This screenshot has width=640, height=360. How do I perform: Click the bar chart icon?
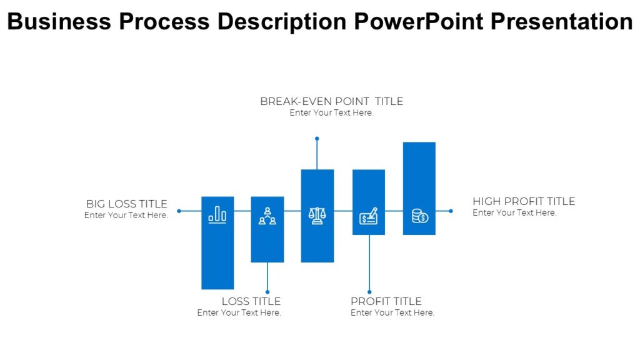click(x=217, y=215)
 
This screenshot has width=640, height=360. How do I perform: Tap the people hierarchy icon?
click(x=267, y=216)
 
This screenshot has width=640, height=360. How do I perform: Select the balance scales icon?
click(x=317, y=216)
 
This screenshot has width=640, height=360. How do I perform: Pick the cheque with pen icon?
click(x=369, y=216)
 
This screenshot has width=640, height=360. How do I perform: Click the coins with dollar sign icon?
click(x=419, y=216)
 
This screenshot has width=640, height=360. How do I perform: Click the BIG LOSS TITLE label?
click(x=127, y=204)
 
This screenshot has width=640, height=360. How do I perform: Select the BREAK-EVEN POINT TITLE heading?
click(x=331, y=101)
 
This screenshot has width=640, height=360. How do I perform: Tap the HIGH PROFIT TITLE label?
click(x=524, y=201)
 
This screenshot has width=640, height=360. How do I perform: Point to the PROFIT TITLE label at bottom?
click(x=386, y=301)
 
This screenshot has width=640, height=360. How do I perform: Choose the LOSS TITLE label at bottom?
click(x=251, y=301)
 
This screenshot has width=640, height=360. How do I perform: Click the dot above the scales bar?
click(x=317, y=138)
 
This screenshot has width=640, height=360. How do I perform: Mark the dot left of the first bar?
click(x=179, y=211)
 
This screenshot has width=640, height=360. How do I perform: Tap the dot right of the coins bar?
click(x=451, y=211)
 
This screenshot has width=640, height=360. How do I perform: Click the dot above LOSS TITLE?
click(x=267, y=292)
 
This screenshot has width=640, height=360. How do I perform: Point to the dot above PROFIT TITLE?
click(x=369, y=292)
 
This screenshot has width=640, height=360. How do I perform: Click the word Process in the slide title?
click(x=166, y=22)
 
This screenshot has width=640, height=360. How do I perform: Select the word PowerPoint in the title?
click(x=418, y=22)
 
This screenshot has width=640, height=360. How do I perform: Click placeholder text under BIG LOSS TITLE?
click(x=126, y=216)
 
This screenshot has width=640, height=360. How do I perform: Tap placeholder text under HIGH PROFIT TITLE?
click(x=514, y=213)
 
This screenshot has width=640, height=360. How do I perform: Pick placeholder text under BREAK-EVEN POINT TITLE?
click(x=331, y=113)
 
